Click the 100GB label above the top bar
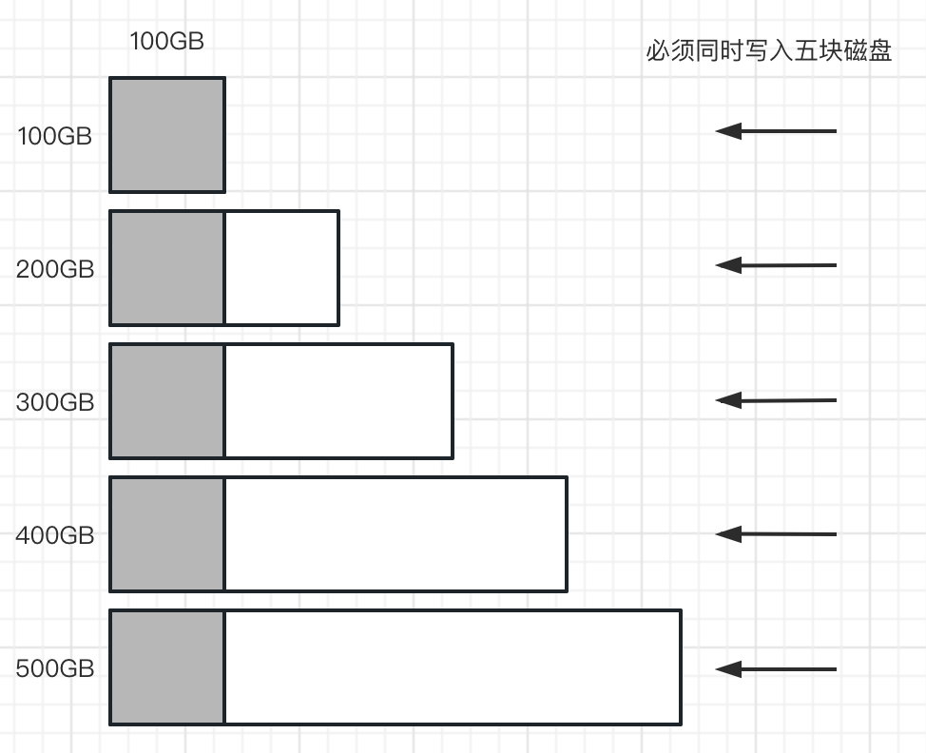(166, 41)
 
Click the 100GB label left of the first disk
(55, 136)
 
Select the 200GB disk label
(55, 269)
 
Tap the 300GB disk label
(55, 402)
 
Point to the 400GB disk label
(55, 535)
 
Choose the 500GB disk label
(55, 668)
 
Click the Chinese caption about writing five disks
(768, 50)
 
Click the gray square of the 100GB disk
(167, 135)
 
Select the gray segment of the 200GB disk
(167, 267)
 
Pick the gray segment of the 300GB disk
(167, 401)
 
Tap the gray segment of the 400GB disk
(167, 534)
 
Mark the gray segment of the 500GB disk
(167, 667)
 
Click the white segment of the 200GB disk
(282, 267)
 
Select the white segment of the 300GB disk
(339, 401)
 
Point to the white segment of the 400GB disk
(396, 534)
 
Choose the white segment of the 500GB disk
(453, 667)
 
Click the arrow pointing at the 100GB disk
(776, 131)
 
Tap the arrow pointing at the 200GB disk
(776, 265)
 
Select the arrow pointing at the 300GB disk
(776, 400)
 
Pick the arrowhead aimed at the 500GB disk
(728, 669)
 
